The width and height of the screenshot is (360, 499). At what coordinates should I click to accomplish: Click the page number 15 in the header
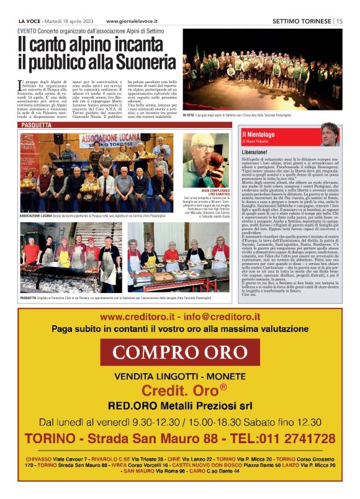click(340, 20)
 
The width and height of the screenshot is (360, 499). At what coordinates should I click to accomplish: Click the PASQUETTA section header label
click(36, 125)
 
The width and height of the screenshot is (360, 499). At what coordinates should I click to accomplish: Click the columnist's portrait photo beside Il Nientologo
click(330, 134)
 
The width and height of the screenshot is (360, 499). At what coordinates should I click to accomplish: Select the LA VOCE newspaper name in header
click(30, 20)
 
